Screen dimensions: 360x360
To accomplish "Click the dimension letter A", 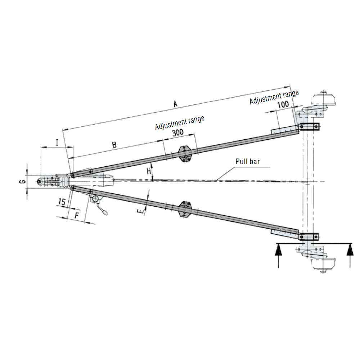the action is pos(175,104).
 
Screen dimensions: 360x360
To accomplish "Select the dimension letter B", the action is pos(114,145).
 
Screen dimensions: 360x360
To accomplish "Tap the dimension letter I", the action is pos(57,143).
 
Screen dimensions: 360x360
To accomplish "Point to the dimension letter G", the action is pos(22,182).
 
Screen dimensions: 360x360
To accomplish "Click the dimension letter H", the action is pos(149,171).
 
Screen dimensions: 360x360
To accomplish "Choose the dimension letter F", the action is pos(77,216).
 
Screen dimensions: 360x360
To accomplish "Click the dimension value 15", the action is pos(62,202).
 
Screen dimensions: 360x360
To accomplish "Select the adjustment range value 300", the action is pos(178,132).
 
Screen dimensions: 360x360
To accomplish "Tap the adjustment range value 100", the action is pos(283,104).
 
